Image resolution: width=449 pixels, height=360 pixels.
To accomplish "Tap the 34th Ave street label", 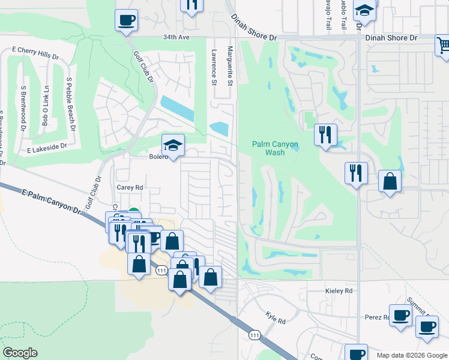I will (x=176, y=37).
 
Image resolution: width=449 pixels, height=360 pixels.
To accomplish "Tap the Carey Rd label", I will (x=130, y=187).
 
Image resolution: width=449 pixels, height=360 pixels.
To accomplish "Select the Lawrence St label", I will (x=213, y=66).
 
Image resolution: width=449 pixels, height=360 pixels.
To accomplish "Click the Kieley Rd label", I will (x=340, y=291).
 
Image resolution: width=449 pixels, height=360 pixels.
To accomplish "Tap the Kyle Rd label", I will (x=276, y=317).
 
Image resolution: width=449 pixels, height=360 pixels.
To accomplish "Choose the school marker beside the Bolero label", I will (x=173, y=145).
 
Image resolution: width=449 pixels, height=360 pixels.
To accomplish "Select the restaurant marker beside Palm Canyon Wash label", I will (x=325, y=134).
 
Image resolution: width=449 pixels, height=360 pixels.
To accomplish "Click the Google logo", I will (x=20, y=353).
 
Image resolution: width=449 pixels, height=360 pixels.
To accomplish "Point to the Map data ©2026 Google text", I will (x=411, y=355).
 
